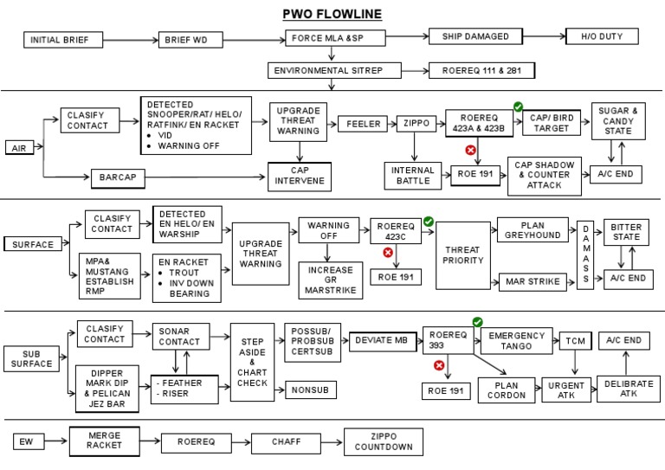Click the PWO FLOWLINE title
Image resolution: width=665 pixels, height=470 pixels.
(x=332, y=14)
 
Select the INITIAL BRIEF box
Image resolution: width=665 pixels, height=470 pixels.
(x=62, y=40)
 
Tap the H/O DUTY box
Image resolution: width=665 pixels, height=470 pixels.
(x=601, y=36)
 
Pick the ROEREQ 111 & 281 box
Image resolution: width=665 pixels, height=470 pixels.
(x=481, y=70)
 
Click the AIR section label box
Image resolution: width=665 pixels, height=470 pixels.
(x=19, y=148)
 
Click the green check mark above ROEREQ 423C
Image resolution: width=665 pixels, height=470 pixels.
(x=428, y=222)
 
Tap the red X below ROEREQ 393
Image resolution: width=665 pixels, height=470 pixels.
(x=438, y=365)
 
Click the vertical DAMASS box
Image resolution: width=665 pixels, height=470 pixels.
(x=585, y=253)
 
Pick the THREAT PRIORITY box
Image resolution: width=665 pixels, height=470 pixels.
(x=463, y=254)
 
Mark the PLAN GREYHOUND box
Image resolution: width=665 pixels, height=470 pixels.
(x=533, y=229)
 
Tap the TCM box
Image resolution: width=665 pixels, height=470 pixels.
(x=574, y=340)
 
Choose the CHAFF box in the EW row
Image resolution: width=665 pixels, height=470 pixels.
(x=286, y=443)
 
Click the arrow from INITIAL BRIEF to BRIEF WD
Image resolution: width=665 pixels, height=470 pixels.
(x=131, y=40)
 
